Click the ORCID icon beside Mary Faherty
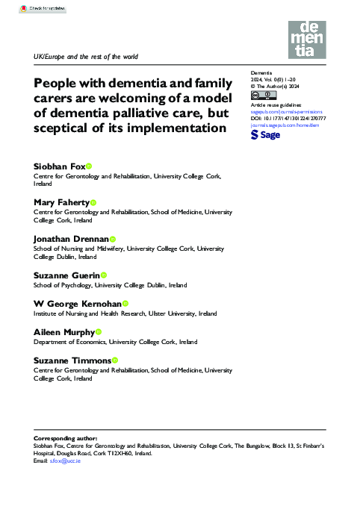(x=93, y=202)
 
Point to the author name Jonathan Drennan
(x=71, y=238)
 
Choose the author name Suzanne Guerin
(x=66, y=275)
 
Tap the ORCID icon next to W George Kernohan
(x=125, y=303)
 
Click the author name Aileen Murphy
(x=63, y=331)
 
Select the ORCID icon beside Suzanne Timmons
(x=115, y=360)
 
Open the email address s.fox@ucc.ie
(x=65, y=462)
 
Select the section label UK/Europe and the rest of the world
(x=86, y=57)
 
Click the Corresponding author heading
(x=68, y=435)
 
